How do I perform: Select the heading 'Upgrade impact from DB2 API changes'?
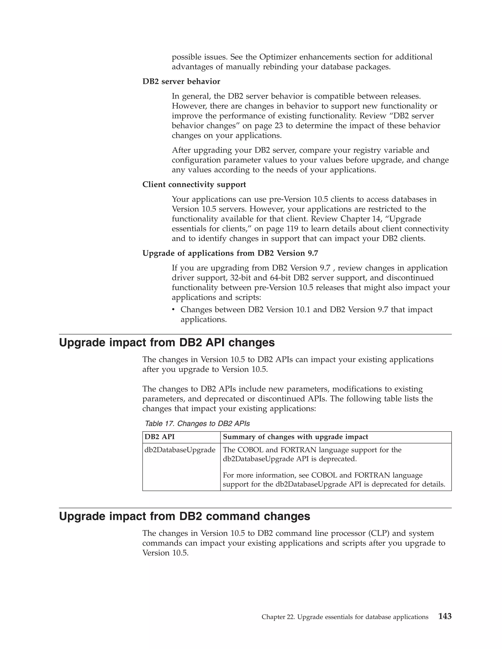167,343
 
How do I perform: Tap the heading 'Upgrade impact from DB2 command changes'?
184,517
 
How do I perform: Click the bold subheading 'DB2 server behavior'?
181,81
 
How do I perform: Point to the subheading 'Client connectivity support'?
194,185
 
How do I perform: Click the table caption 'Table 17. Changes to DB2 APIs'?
197,424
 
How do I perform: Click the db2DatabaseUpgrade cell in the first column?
180,450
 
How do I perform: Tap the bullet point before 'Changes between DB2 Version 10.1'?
173,310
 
